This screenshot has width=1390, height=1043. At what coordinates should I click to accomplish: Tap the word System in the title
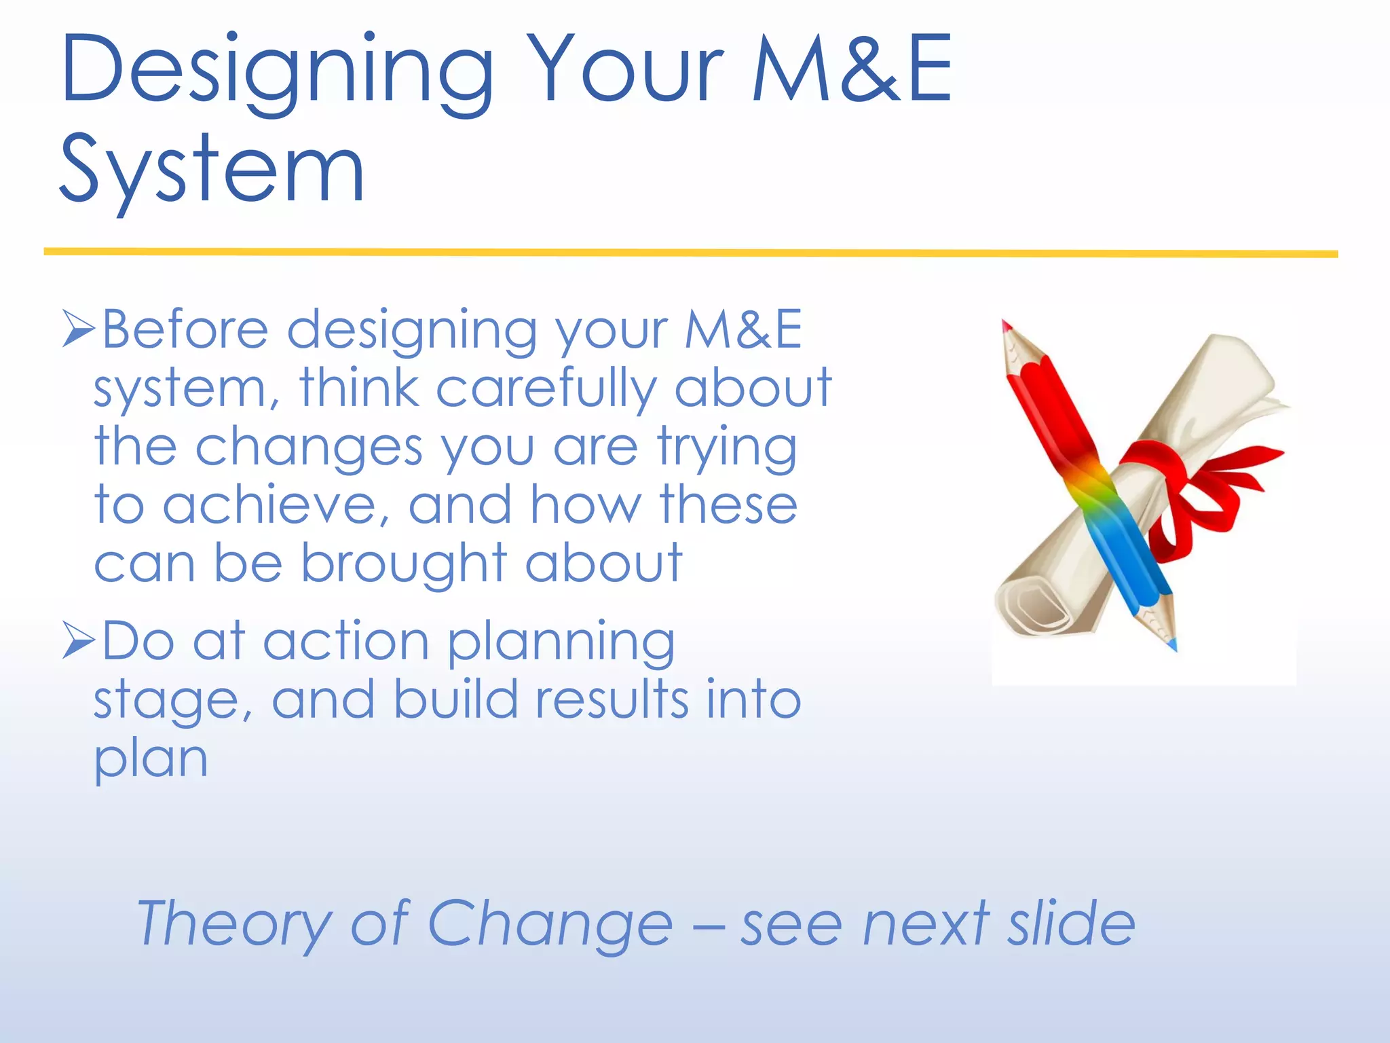212,170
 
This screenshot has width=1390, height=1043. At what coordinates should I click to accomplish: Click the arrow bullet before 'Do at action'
77,640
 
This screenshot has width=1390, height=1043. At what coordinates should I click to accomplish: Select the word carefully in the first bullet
546,389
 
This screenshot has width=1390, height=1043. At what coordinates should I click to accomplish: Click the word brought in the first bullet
405,564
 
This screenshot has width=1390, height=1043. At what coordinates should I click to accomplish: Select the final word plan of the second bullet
150,760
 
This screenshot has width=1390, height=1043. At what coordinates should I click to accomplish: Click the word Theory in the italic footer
233,924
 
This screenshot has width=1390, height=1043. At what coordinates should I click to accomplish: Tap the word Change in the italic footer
550,923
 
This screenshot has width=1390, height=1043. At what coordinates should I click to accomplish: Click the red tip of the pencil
1007,328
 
